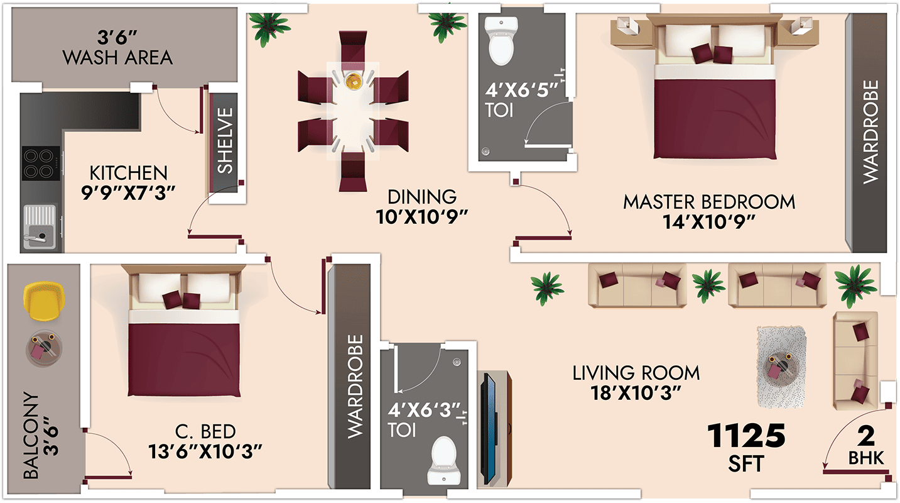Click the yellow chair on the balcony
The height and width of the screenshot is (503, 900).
44,301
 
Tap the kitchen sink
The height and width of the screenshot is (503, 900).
40,227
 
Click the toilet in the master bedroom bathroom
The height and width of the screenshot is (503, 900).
501,41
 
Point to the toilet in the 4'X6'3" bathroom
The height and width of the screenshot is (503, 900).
443,462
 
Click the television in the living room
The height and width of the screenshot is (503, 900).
490,429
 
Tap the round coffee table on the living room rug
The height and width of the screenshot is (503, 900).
781,367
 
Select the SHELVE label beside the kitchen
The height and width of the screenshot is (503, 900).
225,141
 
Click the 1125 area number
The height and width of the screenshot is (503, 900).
746,436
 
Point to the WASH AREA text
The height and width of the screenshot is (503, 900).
117,58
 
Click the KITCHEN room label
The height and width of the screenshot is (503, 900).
128,174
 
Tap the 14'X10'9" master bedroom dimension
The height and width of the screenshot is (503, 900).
709,222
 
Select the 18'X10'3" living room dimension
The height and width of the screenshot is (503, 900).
636,393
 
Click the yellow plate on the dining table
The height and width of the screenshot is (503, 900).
354,80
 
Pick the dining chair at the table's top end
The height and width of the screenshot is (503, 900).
353,47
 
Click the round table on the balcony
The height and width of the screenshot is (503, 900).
44,348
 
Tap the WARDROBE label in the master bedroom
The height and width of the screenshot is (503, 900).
870,132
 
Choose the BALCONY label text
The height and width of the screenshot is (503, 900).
31,436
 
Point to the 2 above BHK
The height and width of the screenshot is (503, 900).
866,436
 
